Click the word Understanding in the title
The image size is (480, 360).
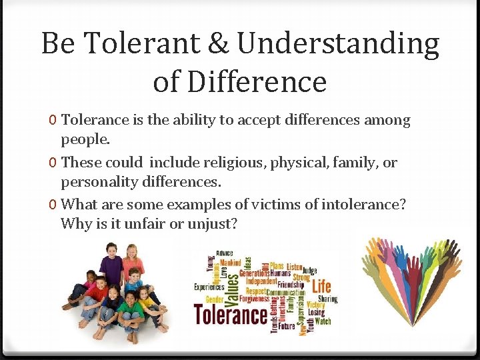pos(339,44)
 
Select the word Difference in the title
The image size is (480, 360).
pos(257,81)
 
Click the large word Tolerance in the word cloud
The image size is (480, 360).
pos(231,313)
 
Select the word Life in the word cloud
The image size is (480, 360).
pos(321,286)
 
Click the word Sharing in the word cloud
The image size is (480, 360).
pos(327,299)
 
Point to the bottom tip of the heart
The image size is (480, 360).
pos(411,337)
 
